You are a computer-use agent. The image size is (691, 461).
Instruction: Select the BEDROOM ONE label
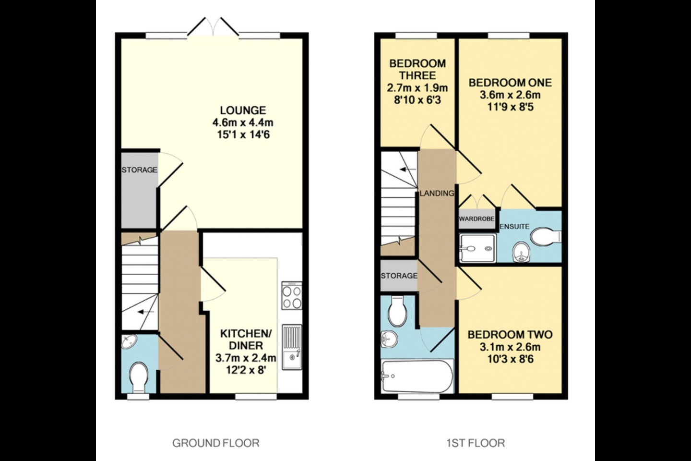[510, 83]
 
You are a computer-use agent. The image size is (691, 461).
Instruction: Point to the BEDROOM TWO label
[510, 335]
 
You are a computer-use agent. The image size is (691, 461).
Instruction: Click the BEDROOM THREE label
[417, 69]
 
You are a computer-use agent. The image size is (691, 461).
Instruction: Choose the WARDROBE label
[477, 219]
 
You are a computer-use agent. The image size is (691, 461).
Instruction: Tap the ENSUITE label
[514, 227]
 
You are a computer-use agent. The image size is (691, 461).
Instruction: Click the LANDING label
[437, 194]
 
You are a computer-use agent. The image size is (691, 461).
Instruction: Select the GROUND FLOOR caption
[216, 443]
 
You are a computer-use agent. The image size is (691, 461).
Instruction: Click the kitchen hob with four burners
[292, 297]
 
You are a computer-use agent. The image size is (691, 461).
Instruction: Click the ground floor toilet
[139, 376]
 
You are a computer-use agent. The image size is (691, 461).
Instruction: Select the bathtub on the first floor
[417, 377]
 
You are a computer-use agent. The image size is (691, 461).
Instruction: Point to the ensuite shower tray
[476, 248]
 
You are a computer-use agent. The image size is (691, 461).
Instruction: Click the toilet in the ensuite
[546, 236]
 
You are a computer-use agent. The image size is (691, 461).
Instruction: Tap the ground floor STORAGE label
[139, 170]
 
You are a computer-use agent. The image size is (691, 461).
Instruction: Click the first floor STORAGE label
[399, 276]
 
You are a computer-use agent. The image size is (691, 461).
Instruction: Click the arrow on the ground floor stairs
[143, 312]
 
